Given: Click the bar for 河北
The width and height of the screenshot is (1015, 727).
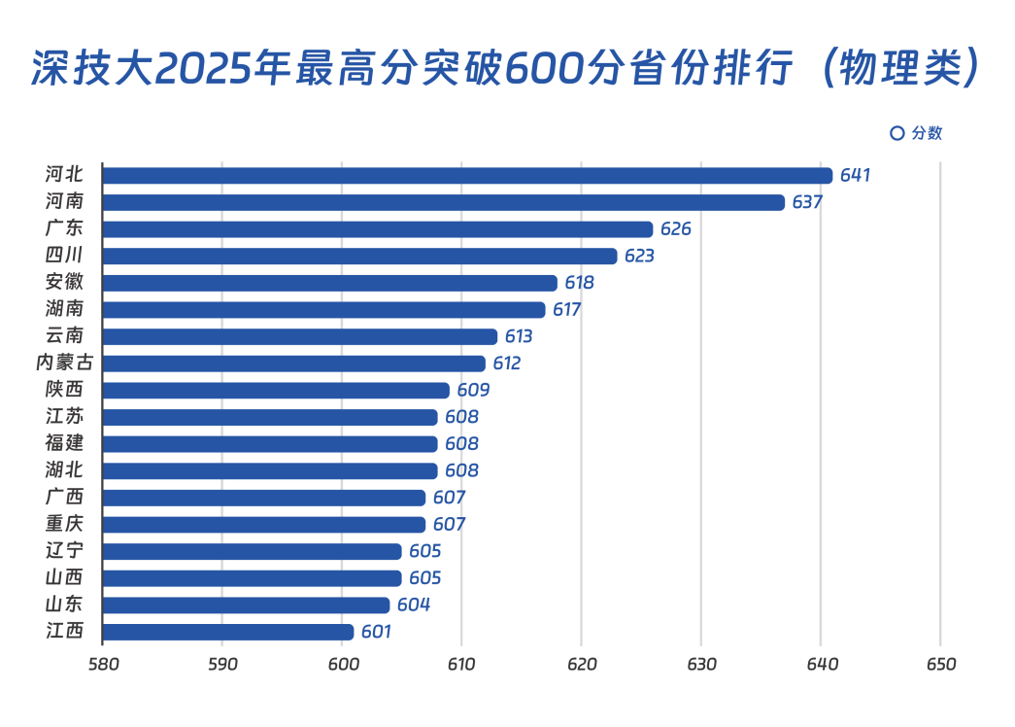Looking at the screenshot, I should click(x=466, y=176).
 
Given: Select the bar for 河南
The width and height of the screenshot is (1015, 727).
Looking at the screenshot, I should click(x=443, y=202).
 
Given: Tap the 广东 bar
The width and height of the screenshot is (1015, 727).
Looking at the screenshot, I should click(x=378, y=229).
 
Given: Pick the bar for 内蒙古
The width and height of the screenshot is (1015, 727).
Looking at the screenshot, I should click(x=294, y=363).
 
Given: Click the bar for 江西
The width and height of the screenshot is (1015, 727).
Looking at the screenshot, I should click(x=228, y=632).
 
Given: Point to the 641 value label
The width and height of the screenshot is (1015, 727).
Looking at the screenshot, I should click(x=855, y=176).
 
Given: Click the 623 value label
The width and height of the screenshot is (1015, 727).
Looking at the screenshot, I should click(x=639, y=257).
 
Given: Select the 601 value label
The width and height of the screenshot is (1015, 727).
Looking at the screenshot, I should click(x=376, y=632).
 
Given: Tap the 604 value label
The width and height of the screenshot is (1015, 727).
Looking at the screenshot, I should click(x=413, y=605).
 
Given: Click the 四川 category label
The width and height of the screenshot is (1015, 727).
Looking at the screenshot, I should click(x=64, y=257).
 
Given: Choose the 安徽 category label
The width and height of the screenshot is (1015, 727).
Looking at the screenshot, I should click(x=64, y=283).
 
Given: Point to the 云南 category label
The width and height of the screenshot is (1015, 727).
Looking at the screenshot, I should click(x=64, y=336).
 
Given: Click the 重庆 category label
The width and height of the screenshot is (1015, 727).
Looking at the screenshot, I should click(x=64, y=525).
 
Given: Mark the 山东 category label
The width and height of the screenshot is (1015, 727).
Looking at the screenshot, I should click(x=64, y=605).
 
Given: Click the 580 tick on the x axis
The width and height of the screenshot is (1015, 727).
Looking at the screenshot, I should click(x=103, y=665).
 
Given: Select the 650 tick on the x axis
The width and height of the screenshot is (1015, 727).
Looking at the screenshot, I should click(x=940, y=665).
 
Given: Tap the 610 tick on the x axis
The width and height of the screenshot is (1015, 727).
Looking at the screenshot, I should click(x=461, y=665).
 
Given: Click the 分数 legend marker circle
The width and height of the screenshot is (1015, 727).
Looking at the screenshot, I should click(x=897, y=133).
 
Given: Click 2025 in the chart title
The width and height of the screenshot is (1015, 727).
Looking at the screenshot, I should click(x=197, y=70).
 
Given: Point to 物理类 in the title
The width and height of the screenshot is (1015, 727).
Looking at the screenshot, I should click(x=894, y=70).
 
